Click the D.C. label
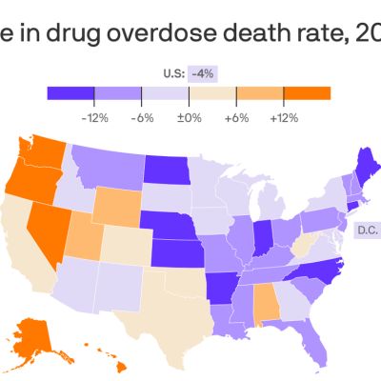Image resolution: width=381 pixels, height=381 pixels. click(368, 231)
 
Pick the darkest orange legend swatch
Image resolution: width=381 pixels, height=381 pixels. click(307, 92)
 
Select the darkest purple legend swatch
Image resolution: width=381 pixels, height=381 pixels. click(70, 92)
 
